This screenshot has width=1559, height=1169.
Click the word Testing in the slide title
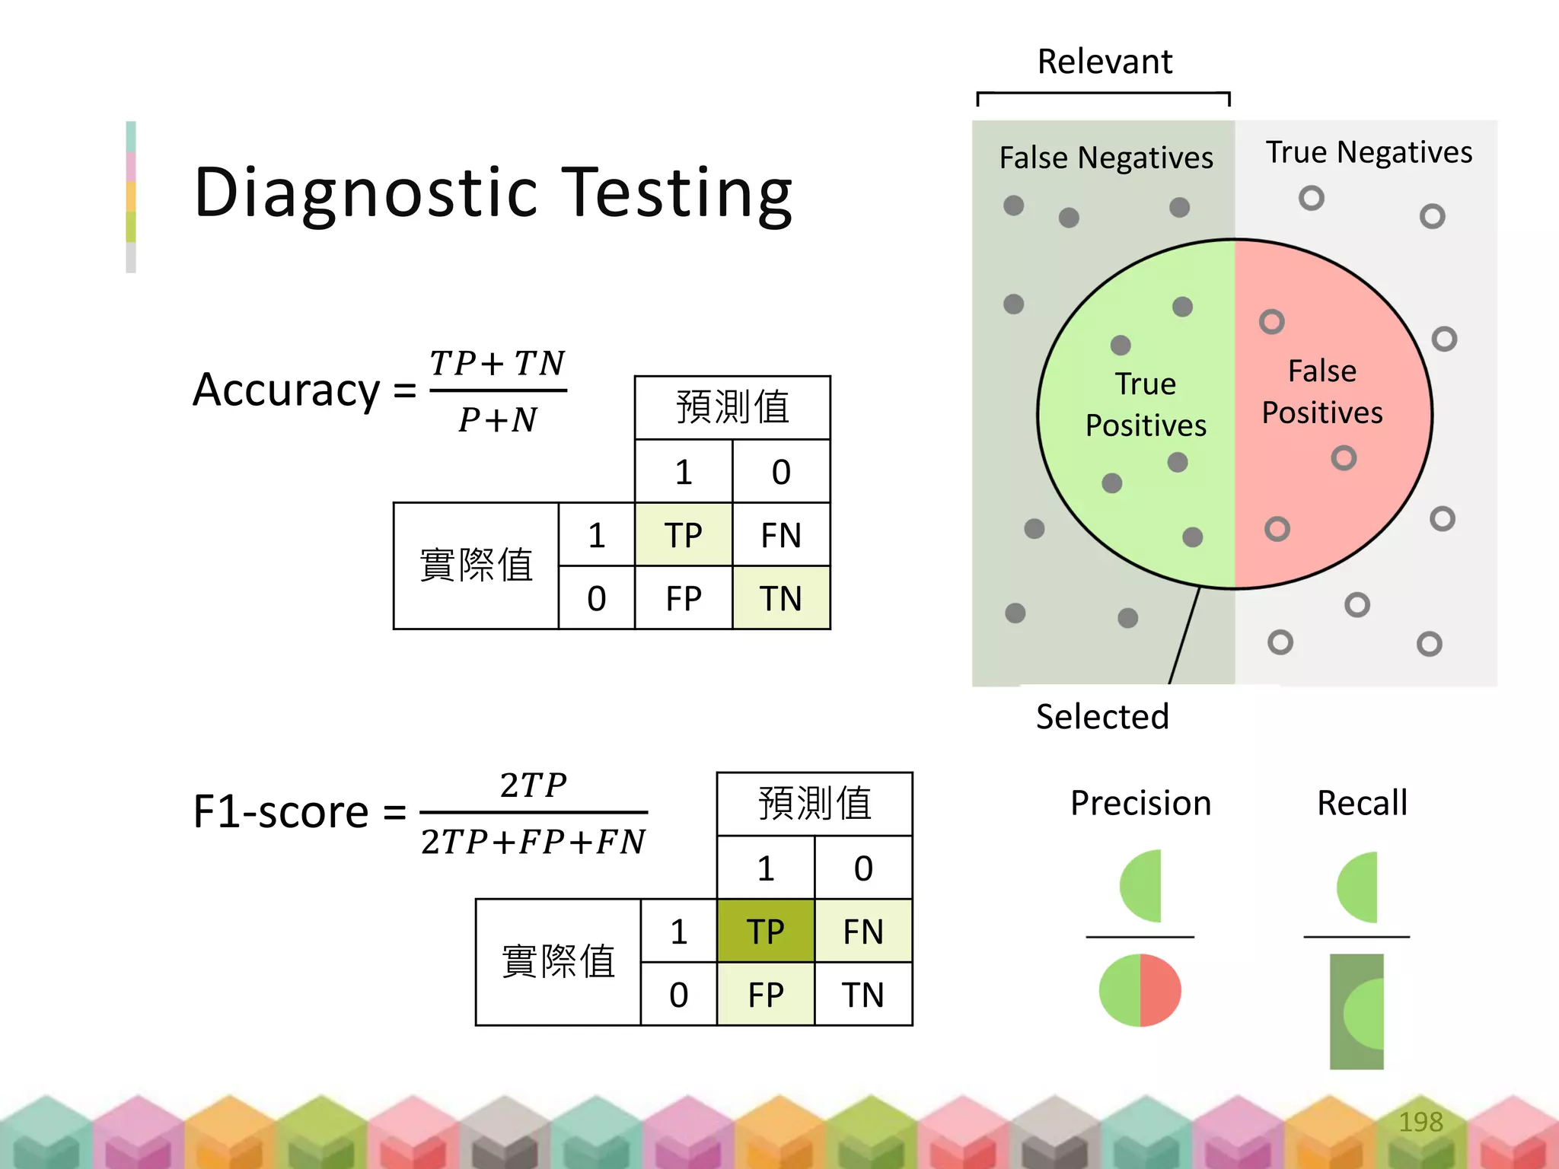(x=677, y=193)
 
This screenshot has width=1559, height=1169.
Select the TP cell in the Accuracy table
(x=683, y=535)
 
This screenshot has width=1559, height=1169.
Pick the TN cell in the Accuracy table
(x=781, y=598)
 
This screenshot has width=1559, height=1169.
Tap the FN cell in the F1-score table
(x=863, y=932)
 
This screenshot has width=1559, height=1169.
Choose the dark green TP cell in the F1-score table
(x=765, y=932)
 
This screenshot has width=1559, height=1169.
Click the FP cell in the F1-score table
(x=765, y=995)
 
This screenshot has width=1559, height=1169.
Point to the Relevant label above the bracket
(x=1105, y=62)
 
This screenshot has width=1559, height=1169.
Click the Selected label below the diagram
(x=1102, y=717)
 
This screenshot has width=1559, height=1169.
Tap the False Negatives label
(x=1105, y=158)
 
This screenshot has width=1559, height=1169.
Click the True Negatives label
(x=1368, y=152)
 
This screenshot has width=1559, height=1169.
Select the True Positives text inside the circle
(x=1146, y=404)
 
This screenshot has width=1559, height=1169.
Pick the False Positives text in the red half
(x=1322, y=392)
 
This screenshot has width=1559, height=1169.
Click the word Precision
(x=1140, y=804)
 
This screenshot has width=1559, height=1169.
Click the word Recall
(x=1362, y=804)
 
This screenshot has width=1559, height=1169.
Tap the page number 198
(x=1420, y=1122)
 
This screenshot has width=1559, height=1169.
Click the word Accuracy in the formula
(x=286, y=390)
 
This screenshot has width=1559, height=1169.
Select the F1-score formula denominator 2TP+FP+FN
(x=533, y=842)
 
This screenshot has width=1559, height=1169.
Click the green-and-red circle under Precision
(x=1140, y=990)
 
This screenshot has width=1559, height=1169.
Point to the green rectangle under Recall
(x=1356, y=1011)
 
